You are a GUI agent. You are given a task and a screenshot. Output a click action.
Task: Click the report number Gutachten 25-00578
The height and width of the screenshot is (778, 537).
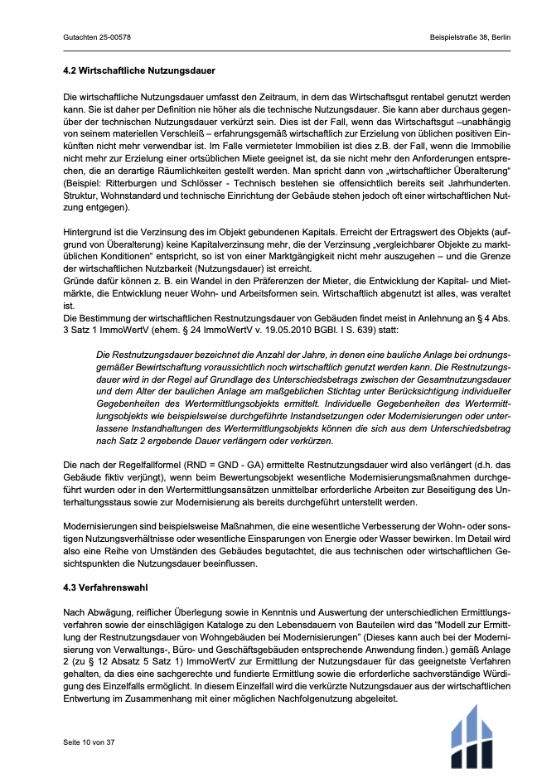point(97,38)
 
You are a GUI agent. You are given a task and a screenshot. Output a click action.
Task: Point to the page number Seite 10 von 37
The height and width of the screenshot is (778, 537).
point(89,742)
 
